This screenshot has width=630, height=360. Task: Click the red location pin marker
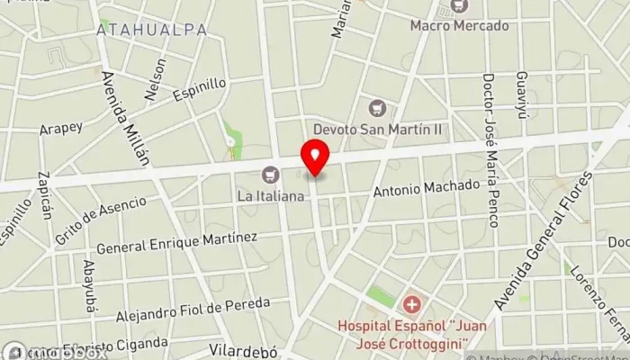tap(315, 157)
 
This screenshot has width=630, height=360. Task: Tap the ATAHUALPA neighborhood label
tap(152, 30)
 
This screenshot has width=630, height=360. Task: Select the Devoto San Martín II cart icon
tap(377, 110)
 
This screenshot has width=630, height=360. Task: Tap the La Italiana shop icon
tap(269, 175)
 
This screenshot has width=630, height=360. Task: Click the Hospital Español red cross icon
tap(411, 305)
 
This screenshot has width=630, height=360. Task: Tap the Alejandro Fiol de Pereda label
tap(193, 312)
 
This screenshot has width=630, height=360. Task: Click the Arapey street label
tap(61, 130)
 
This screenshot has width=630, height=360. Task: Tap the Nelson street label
tap(155, 78)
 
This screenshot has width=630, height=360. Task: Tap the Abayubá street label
tap(89, 285)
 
